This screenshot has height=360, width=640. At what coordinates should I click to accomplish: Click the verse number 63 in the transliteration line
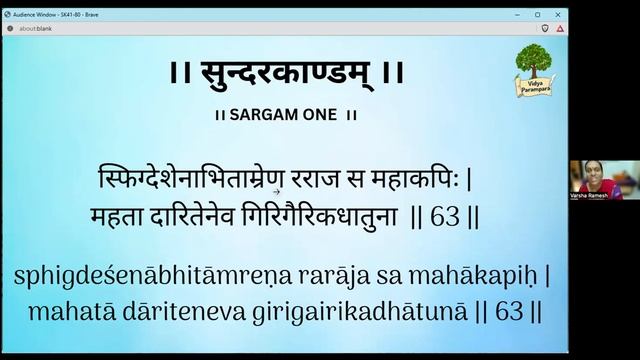(510, 311)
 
